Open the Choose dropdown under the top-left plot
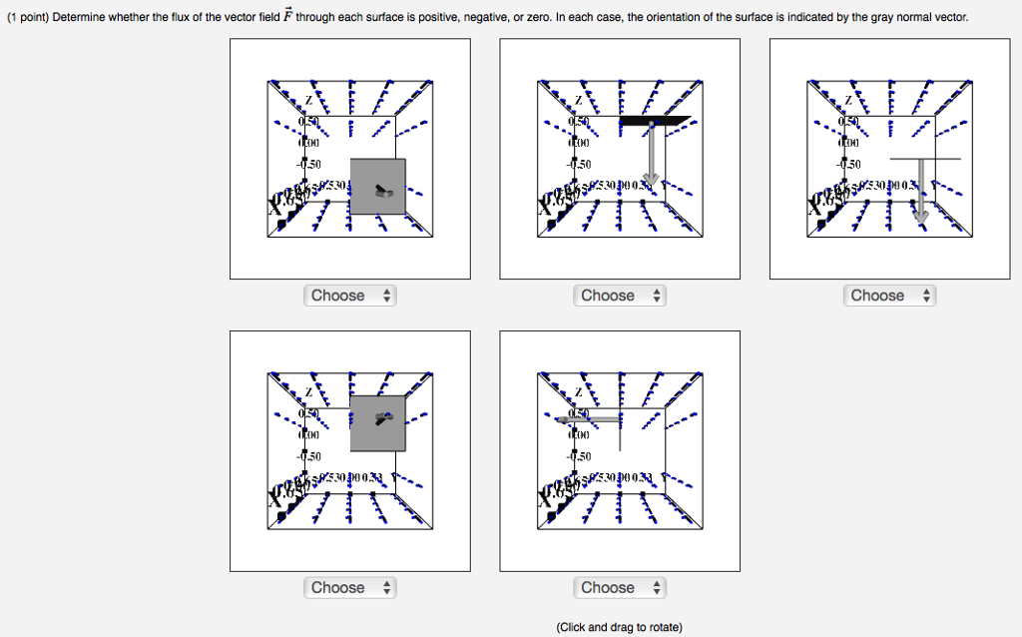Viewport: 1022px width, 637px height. click(x=349, y=296)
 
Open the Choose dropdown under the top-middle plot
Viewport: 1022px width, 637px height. click(x=619, y=296)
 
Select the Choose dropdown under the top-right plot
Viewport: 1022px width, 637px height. click(x=889, y=296)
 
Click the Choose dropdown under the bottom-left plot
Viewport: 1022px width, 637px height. click(x=349, y=588)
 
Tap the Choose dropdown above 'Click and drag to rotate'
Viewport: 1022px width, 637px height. click(x=619, y=588)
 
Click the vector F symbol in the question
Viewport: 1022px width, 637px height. click(x=285, y=17)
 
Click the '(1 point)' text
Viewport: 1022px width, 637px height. click(x=27, y=18)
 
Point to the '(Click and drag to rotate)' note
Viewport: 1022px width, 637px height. click(x=619, y=627)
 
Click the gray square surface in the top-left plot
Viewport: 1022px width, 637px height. click(x=377, y=187)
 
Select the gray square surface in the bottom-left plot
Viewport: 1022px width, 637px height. click(x=377, y=423)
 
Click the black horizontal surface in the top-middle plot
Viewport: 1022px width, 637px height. click(x=654, y=120)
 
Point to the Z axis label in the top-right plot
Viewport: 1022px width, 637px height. click(x=848, y=101)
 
